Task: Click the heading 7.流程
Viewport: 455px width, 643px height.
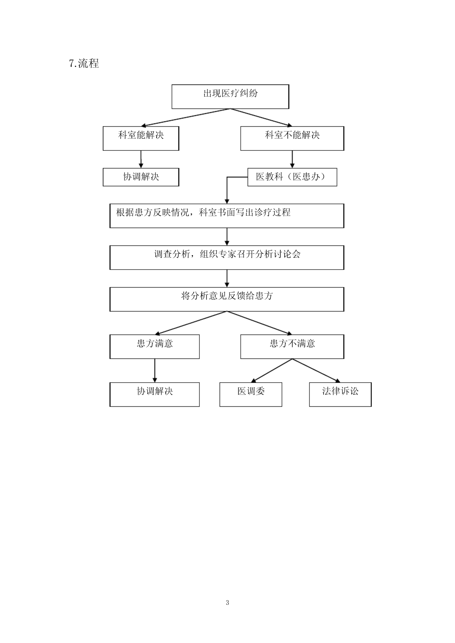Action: click(x=84, y=63)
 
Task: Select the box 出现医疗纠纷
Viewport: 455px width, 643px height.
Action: click(x=230, y=97)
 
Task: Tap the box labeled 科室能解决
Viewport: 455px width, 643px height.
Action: click(x=141, y=138)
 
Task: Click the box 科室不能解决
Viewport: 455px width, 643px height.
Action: click(x=292, y=138)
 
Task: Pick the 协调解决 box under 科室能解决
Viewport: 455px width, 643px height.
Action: click(x=141, y=177)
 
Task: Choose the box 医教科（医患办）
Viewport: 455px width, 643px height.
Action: click(x=292, y=177)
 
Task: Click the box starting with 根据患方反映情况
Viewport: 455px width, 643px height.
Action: click(x=227, y=216)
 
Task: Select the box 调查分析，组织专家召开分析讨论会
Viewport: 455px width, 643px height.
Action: click(x=227, y=257)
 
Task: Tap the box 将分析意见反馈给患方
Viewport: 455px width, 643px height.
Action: click(x=227, y=299)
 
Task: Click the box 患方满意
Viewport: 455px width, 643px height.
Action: click(x=154, y=347)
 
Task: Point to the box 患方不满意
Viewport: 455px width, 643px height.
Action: click(x=292, y=347)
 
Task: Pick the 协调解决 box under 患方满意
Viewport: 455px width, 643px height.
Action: click(x=154, y=394)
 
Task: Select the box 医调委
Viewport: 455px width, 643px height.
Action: click(x=251, y=394)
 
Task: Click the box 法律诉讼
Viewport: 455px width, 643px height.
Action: click(x=340, y=394)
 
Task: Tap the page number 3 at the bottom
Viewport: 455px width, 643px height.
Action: click(x=227, y=603)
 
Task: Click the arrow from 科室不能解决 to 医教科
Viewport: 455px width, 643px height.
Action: click(x=292, y=159)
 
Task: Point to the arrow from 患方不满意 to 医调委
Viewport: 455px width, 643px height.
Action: click(x=272, y=370)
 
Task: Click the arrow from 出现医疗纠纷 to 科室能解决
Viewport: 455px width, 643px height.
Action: click(x=186, y=118)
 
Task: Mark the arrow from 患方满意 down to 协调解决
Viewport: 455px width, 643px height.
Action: click(x=155, y=370)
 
